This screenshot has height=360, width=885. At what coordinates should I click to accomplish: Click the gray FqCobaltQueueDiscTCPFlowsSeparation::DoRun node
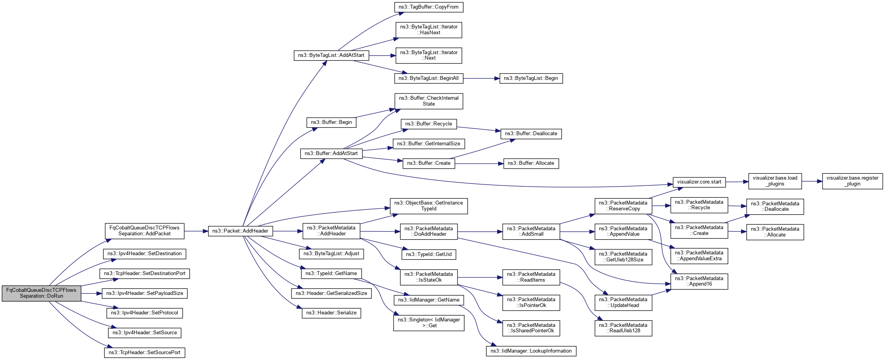41,293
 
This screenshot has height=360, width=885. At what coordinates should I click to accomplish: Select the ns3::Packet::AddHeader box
240,231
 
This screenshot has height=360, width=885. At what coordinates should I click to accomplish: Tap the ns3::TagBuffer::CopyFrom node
429,7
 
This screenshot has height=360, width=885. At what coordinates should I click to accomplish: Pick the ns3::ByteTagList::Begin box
531,78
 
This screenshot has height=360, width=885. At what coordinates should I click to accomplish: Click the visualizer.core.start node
699,182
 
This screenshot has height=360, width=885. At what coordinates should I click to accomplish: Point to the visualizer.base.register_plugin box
852,181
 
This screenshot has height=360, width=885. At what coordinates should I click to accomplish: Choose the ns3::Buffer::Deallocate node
531,134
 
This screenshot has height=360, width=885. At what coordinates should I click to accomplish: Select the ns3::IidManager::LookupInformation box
531,351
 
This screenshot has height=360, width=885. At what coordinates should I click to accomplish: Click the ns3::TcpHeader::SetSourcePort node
144,353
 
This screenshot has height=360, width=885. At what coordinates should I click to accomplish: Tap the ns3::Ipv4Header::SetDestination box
144,254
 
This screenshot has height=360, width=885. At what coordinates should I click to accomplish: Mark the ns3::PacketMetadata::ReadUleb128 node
623,328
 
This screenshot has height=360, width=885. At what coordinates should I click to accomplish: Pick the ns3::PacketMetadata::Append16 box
699,281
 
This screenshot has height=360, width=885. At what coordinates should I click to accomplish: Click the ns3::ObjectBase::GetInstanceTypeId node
429,206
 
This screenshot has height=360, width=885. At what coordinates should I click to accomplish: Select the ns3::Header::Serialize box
331,313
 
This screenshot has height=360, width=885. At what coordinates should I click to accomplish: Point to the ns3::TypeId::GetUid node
429,254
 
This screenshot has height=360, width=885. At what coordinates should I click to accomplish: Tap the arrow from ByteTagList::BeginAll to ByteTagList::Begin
481,78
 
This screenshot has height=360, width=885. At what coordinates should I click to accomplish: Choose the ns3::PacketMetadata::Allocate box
775,232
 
